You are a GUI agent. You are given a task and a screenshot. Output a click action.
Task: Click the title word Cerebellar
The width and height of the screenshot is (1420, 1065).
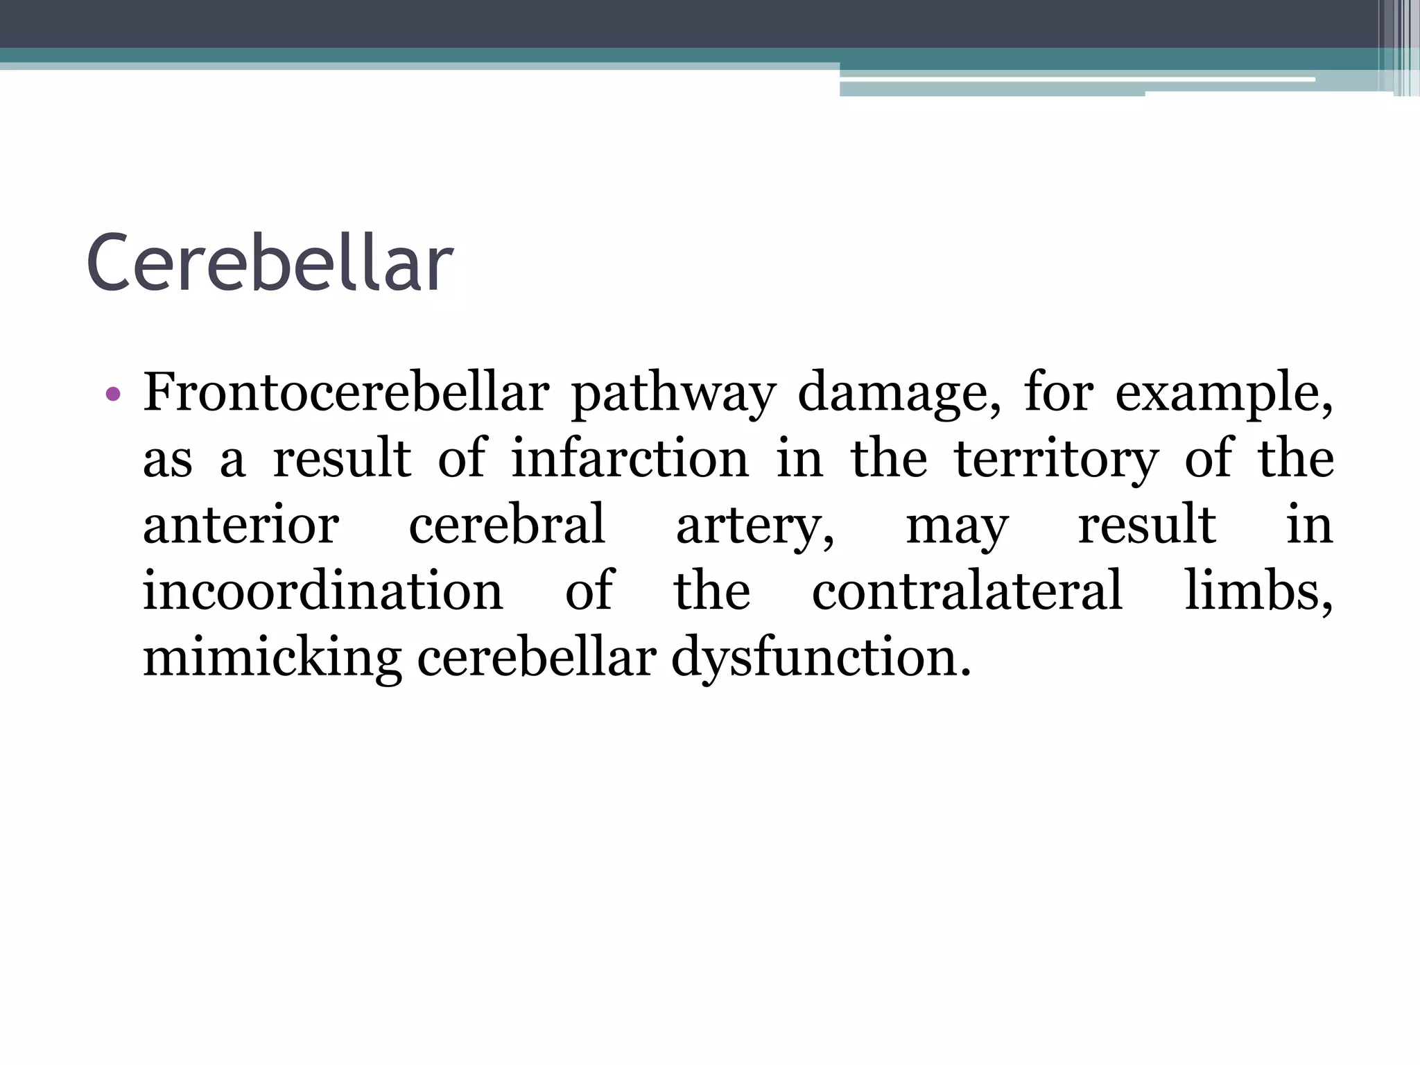pos(270,263)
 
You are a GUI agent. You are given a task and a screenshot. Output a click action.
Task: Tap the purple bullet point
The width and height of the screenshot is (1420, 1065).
pos(114,395)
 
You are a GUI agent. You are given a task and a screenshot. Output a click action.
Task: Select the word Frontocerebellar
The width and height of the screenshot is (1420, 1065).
pos(346,392)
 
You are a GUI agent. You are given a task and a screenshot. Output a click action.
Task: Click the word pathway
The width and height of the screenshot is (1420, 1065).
pos(673,394)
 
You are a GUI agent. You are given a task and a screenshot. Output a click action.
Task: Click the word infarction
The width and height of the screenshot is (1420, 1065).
pos(630,458)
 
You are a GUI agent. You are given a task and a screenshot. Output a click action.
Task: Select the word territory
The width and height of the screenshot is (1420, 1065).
pos(1056,460)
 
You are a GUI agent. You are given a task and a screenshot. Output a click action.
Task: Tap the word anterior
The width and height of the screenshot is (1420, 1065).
pos(241,525)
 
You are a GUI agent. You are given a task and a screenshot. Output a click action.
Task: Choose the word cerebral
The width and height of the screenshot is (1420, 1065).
pos(507,525)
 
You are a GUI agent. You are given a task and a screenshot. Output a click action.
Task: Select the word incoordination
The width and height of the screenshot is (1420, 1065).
pos(322,591)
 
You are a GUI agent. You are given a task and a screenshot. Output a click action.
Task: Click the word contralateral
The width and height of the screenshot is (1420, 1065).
pos(967,591)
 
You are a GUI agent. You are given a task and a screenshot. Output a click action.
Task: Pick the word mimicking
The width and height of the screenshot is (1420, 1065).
pos(272,658)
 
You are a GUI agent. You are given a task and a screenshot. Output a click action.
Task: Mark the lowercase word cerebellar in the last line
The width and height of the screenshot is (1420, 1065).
pos(537,657)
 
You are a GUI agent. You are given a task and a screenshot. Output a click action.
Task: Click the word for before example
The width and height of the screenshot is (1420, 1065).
pos(1058,392)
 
